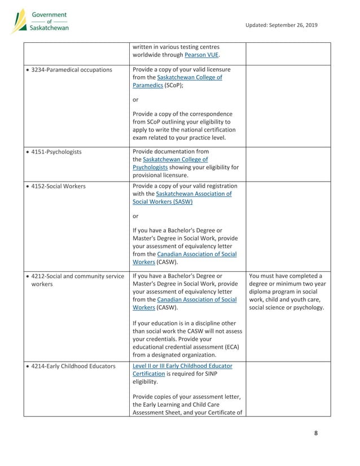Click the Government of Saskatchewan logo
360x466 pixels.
40,21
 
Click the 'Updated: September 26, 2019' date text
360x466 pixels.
282,25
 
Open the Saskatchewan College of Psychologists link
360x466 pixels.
169,163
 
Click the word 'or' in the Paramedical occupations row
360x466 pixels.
135,100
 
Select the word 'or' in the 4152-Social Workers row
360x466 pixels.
135,216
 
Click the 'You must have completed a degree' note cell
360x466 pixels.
288,292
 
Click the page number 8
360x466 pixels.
316,433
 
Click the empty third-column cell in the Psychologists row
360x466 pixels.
288,163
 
